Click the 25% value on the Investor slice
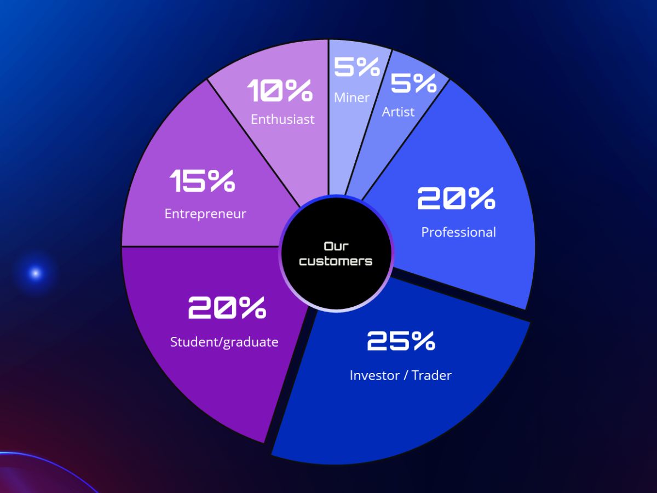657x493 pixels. pyautogui.click(x=401, y=341)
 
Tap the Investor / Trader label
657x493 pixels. pyautogui.click(x=400, y=375)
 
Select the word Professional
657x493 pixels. pyautogui.click(x=459, y=232)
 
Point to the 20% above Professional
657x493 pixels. pyautogui.click(x=456, y=198)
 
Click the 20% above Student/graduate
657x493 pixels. pyautogui.click(x=227, y=307)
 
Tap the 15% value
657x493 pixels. pyautogui.click(x=203, y=181)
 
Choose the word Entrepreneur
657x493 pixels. pyautogui.click(x=205, y=214)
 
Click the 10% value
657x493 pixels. pyautogui.click(x=280, y=90)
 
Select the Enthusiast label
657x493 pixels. pyautogui.click(x=283, y=119)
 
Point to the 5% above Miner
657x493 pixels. pyautogui.click(x=357, y=67)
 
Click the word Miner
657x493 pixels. pyautogui.click(x=351, y=98)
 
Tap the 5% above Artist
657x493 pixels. pyautogui.click(x=414, y=83)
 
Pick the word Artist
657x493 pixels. pyautogui.click(x=398, y=112)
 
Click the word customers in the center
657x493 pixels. pyautogui.click(x=336, y=261)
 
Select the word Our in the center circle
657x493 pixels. pyautogui.click(x=336, y=246)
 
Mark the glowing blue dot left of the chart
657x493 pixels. pyautogui.click(x=36, y=273)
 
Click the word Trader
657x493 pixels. pyautogui.click(x=431, y=375)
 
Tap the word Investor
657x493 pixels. pyautogui.click(x=374, y=375)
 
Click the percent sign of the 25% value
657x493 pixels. pyautogui.click(x=423, y=341)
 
